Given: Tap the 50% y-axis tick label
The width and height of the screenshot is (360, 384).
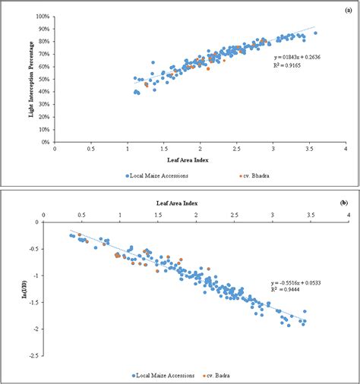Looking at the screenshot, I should [x=44, y=79].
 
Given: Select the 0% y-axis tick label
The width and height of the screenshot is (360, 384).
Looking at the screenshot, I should [x=46, y=142].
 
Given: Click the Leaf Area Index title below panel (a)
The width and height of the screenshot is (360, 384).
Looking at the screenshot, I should [x=199, y=160].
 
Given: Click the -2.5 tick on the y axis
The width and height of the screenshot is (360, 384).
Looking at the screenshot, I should [x=33, y=355].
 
